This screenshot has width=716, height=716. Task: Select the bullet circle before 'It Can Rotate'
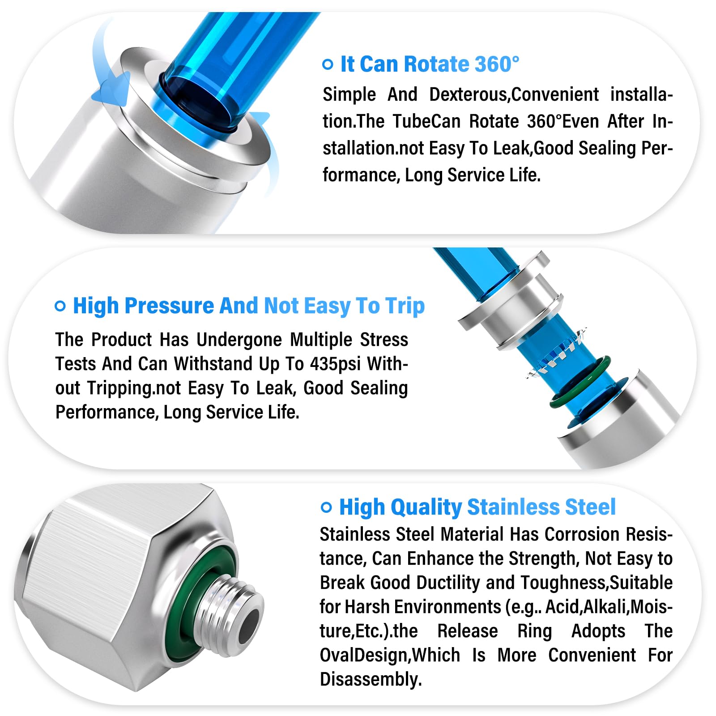[328, 64]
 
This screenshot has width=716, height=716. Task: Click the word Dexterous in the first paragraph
[468, 95]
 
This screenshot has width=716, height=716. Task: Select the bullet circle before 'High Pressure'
[60, 306]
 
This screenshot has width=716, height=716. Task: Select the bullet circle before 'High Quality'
[326, 507]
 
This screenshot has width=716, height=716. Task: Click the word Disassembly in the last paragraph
[371, 679]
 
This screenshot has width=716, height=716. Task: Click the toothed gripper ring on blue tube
[555, 358]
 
